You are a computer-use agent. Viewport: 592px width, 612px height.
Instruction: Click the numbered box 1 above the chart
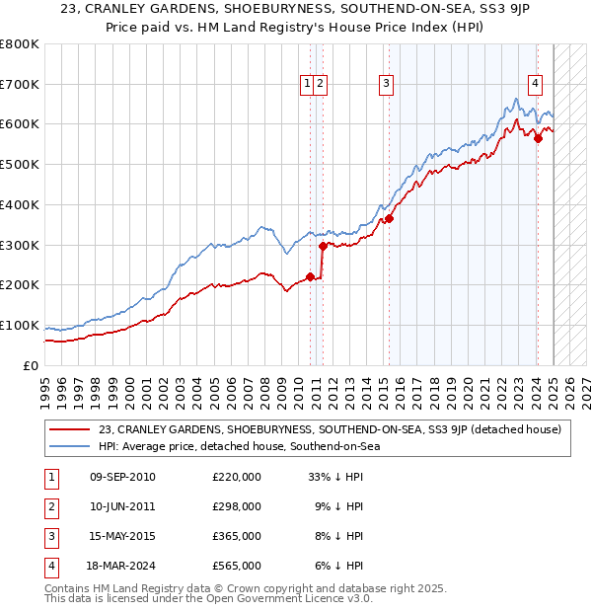(309, 85)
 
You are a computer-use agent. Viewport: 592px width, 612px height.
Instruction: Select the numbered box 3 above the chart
(386, 85)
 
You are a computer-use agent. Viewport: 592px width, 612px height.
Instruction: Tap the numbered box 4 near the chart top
(535, 85)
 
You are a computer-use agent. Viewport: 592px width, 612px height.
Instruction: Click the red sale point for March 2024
(538, 139)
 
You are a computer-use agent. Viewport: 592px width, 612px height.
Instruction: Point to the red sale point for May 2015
(389, 219)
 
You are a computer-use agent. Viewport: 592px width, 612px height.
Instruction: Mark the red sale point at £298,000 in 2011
(323, 246)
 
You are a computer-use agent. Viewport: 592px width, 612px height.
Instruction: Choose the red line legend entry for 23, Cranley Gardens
(330, 429)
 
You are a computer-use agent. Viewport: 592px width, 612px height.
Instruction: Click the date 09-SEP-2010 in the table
(122, 477)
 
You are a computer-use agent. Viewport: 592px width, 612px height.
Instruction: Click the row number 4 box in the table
(50, 566)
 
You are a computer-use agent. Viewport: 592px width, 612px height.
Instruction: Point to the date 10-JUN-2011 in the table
(121, 506)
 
